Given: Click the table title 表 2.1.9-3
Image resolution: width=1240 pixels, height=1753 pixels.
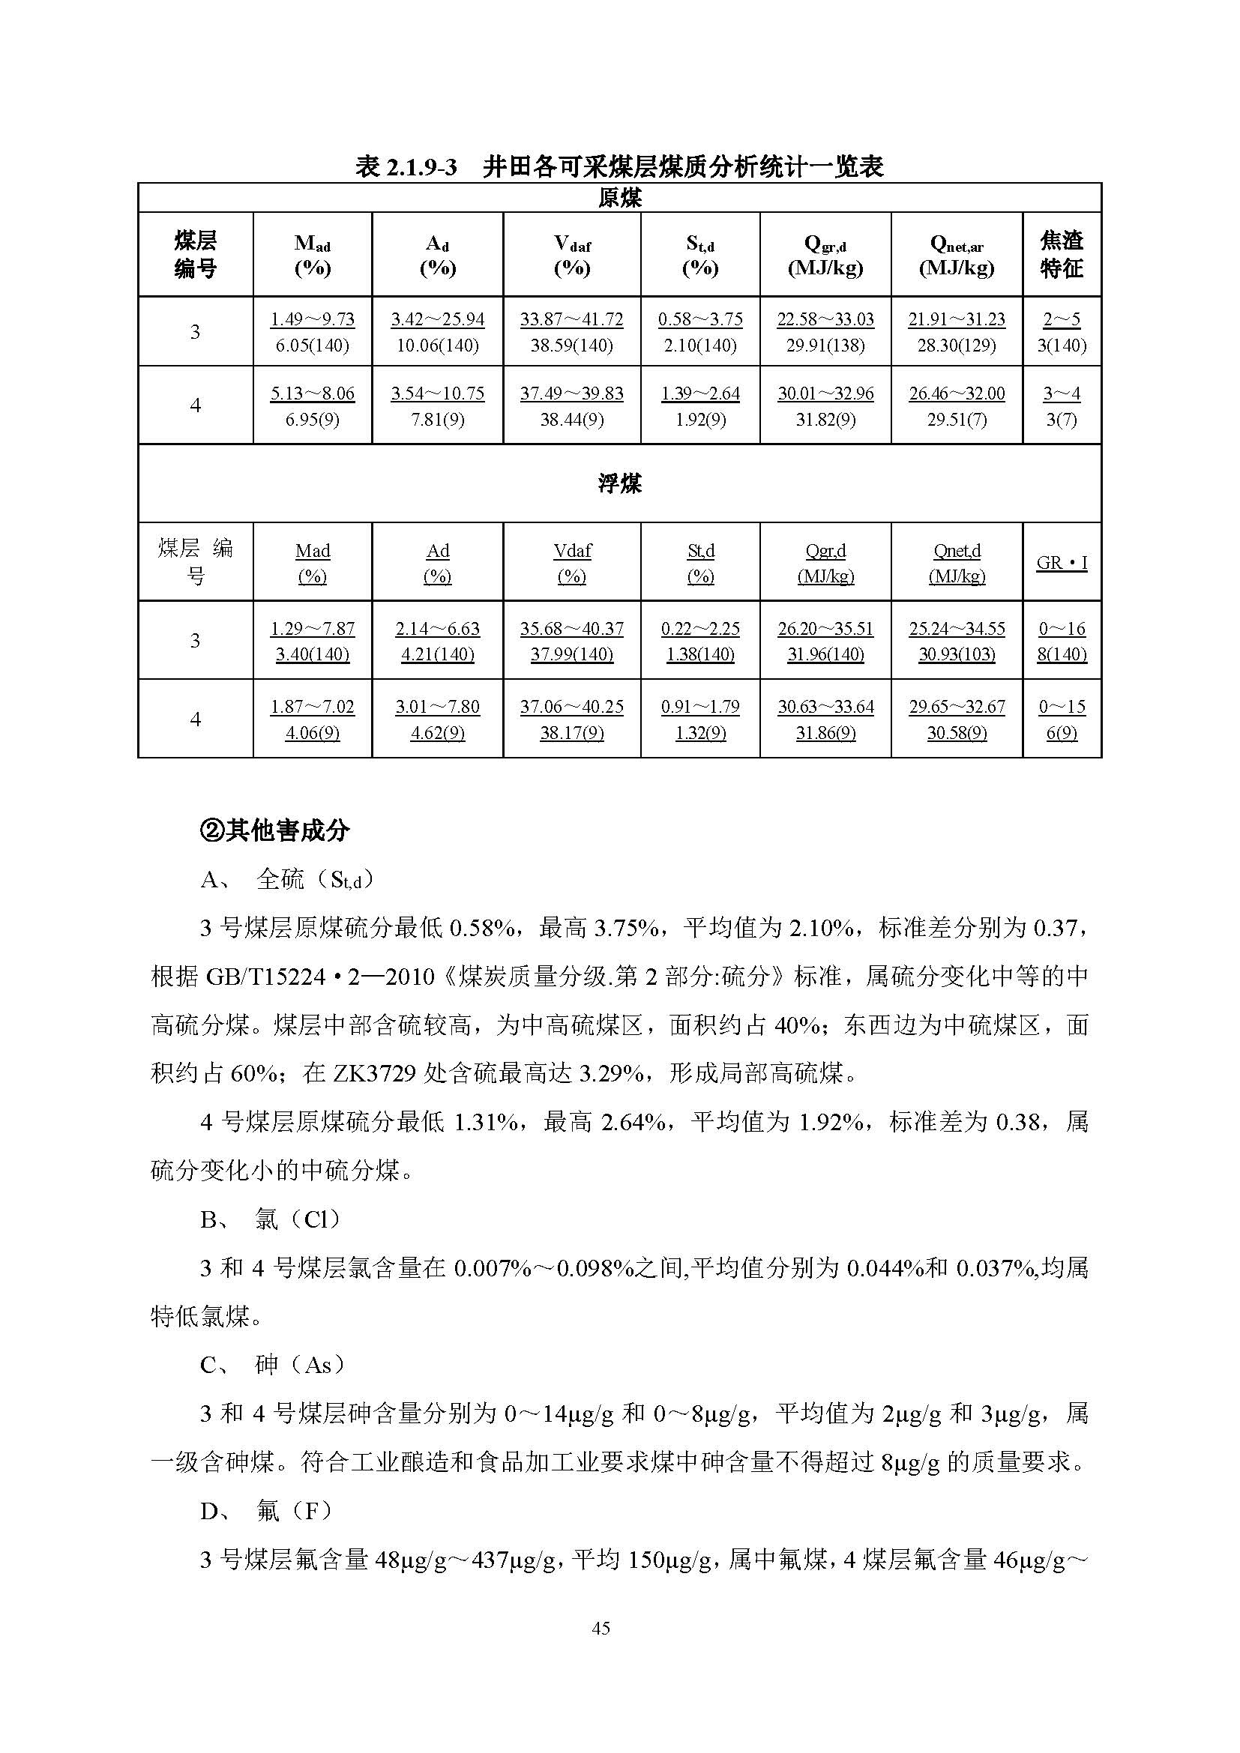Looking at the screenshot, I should (406, 166).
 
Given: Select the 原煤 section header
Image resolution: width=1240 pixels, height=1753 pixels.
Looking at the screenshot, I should (619, 198).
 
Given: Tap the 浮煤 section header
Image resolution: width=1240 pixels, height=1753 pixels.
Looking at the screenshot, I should (619, 483).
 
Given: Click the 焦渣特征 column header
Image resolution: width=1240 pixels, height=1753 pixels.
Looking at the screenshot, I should (1062, 254).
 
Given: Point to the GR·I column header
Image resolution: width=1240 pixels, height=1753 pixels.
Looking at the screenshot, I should (1062, 563).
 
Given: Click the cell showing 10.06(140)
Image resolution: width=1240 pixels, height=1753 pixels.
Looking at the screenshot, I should (438, 345).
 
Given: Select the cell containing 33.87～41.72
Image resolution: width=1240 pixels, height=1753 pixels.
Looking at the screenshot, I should (571, 319).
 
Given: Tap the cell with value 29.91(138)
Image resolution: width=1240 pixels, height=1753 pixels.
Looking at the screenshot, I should (825, 345).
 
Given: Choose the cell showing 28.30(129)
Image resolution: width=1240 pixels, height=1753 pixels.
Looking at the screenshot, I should (957, 345).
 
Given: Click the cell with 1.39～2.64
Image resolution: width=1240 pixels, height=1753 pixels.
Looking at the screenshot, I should (700, 393).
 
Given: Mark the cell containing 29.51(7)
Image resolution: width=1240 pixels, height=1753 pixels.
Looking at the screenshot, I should (957, 419).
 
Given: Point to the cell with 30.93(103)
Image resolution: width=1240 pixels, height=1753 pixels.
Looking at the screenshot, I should (957, 654).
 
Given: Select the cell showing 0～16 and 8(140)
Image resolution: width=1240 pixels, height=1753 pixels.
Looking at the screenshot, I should (1062, 642).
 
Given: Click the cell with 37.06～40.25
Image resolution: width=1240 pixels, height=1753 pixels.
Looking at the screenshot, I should (571, 707).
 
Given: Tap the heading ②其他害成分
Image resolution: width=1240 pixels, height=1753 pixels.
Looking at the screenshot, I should (274, 830).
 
